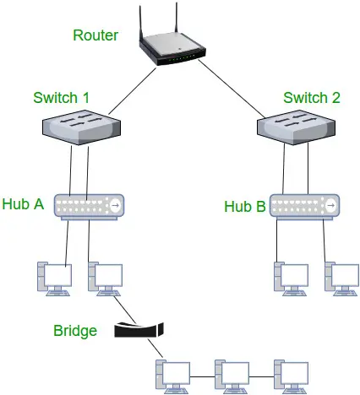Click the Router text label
coord(95,36)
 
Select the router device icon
coord(174,52)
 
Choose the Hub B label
coord(244,206)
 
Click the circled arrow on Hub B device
coord(331,205)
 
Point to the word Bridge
coord(75,330)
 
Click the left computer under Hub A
coord(52,279)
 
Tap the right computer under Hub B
coord(341,279)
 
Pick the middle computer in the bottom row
coord(230,375)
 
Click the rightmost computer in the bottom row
coord(289,375)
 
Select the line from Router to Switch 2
coord(232,89)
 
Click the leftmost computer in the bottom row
coord(171,375)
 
